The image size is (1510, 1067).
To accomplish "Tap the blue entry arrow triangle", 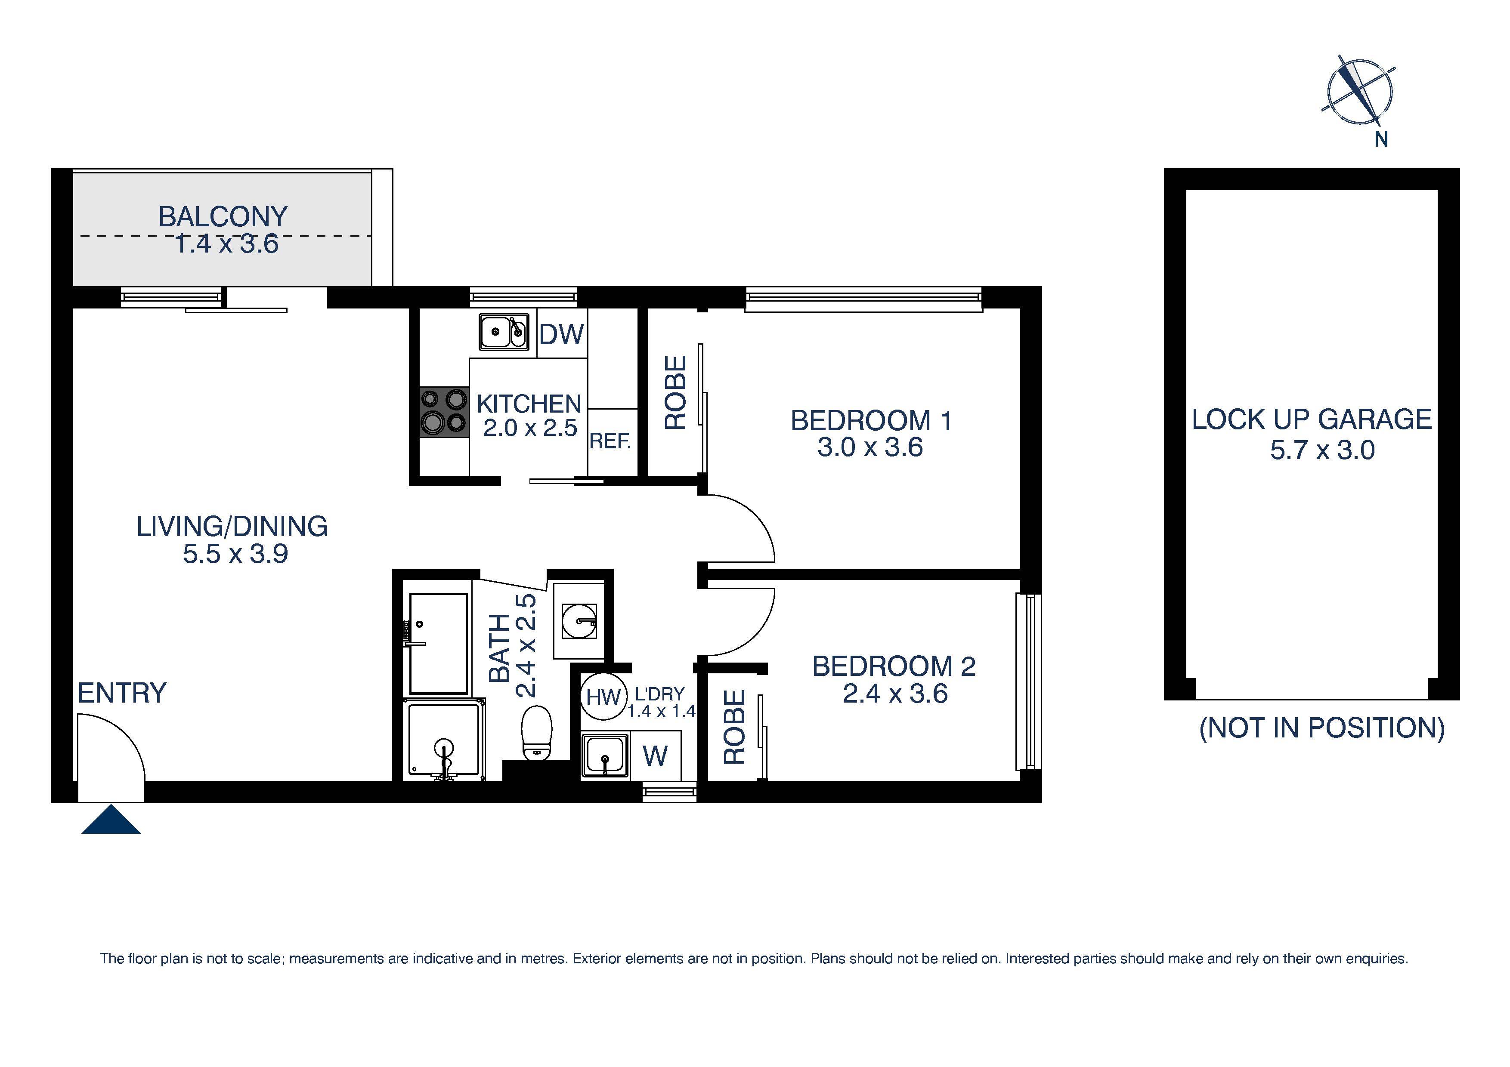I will click(111, 821).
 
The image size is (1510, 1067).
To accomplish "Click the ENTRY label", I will click(122, 693).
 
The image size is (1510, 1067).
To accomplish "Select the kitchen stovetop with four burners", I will click(444, 412).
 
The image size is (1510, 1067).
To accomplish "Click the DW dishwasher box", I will click(561, 335).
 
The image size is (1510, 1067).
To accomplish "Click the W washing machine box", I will click(655, 756).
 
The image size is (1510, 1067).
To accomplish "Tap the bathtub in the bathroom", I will click(439, 644).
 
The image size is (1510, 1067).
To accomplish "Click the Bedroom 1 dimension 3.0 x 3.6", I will click(869, 448).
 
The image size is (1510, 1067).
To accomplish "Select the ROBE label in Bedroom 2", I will click(734, 727).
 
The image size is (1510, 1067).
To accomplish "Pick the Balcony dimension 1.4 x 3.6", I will click(226, 244).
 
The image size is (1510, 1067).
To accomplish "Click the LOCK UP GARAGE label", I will click(1312, 419).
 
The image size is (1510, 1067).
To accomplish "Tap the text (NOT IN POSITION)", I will click(1322, 728).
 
